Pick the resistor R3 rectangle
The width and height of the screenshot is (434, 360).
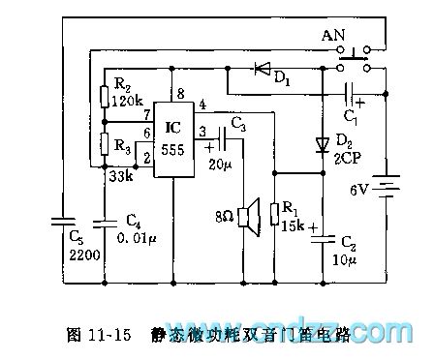[x=105, y=146]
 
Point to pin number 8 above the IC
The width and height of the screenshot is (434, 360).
[x=180, y=93]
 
